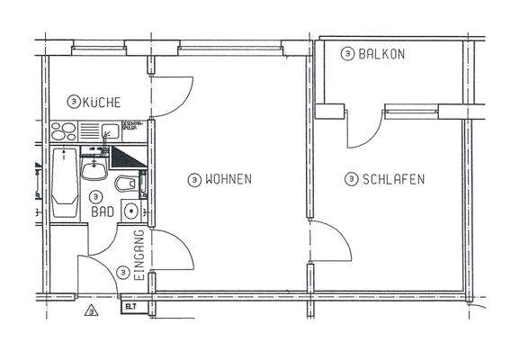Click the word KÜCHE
[x=101, y=103]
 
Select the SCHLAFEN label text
[x=393, y=179]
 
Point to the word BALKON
[x=381, y=54]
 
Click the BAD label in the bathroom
[x=102, y=213]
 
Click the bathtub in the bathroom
[x=63, y=183]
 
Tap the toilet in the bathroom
[x=126, y=184]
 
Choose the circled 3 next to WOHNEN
[x=193, y=179]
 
